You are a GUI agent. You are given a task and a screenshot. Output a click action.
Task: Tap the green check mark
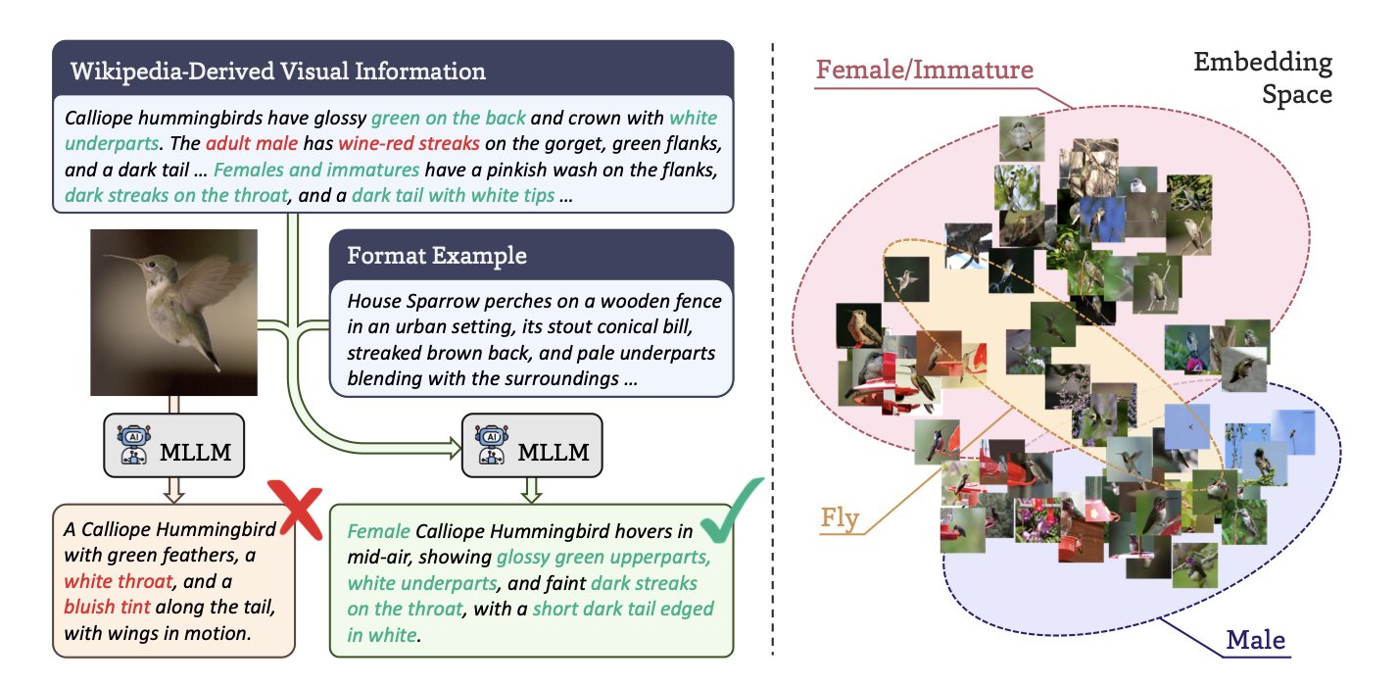point(735,510)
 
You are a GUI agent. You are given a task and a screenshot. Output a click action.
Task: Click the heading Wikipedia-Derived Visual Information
point(277,72)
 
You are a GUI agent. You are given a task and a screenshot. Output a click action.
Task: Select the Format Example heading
point(437,256)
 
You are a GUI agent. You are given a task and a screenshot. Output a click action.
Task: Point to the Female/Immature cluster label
point(925,70)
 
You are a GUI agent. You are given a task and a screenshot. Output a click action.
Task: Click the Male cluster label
point(1256,642)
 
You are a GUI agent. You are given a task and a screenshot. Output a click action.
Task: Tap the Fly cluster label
point(840,517)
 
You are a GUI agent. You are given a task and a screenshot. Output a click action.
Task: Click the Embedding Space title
point(1263,79)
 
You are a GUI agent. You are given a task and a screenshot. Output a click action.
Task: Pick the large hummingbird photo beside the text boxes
point(174,312)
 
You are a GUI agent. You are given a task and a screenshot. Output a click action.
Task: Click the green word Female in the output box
point(379,532)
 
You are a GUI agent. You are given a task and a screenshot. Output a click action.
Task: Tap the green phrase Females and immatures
point(316,170)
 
